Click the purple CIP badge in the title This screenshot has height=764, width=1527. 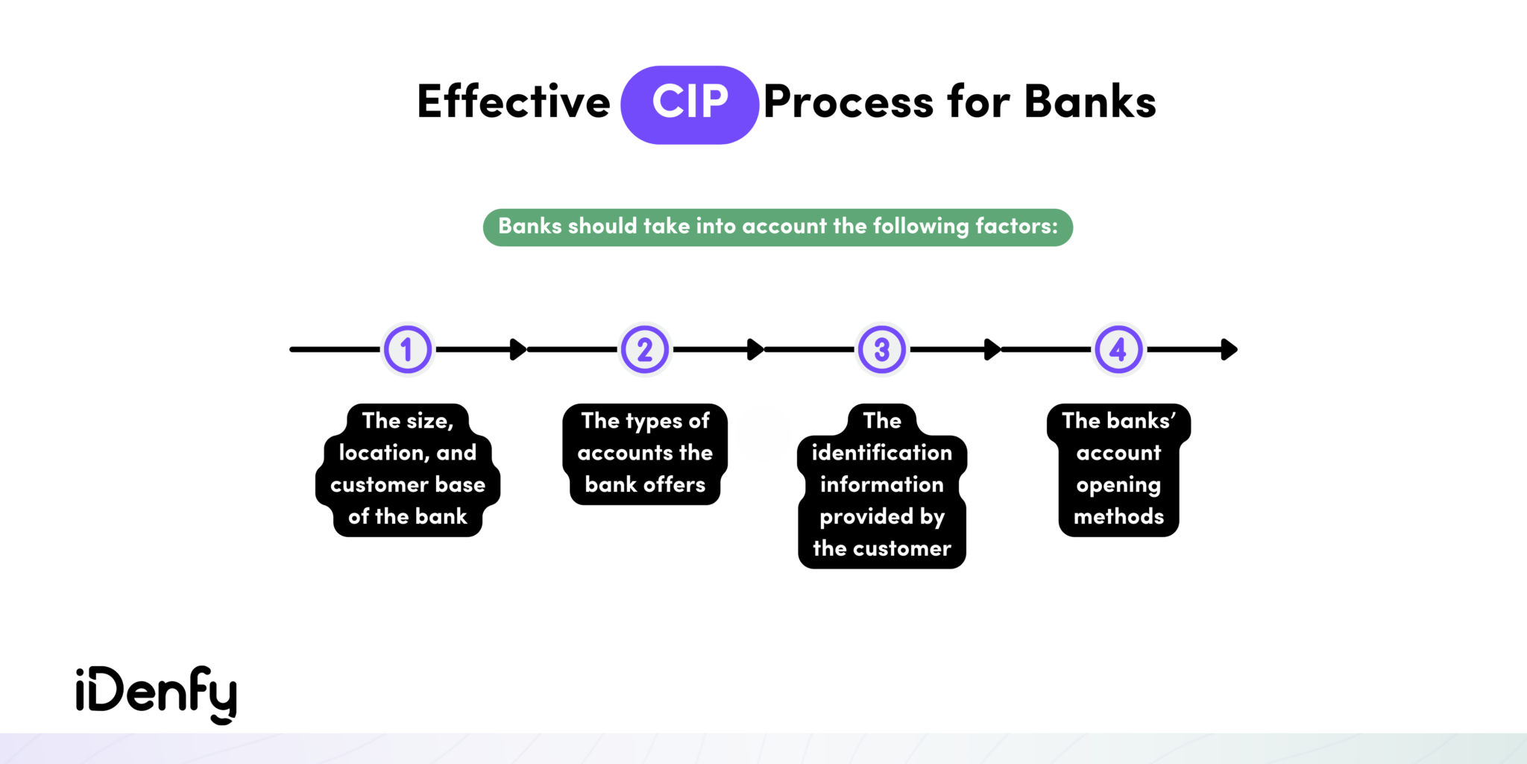(690, 104)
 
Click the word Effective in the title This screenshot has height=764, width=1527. (514, 102)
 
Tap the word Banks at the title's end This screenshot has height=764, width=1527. (1089, 102)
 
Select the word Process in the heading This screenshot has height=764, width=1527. (848, 102)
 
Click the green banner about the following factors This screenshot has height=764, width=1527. (778, 227)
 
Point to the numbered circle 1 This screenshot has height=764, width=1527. (407, 349)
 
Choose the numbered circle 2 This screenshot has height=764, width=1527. (645, 349)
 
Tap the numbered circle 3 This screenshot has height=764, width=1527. (882, 349)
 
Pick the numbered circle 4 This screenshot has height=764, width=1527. (1118, 349)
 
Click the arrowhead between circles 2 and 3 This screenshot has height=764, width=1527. (755, 349)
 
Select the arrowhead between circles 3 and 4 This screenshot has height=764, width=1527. (992, 349)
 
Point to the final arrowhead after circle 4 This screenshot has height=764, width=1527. (1230, 349)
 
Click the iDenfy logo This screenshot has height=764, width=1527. (157, 694)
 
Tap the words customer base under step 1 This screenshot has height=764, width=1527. (408, 485)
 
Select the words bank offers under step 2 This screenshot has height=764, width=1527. (645, 485)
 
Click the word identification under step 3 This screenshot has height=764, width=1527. (882, 453)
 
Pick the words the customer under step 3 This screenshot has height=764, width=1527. (882, 549)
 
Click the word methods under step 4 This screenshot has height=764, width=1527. (1118, 517)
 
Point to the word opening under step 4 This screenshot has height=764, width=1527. (1118, 486)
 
